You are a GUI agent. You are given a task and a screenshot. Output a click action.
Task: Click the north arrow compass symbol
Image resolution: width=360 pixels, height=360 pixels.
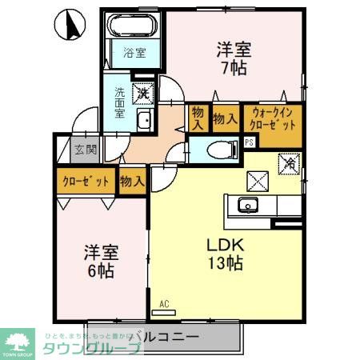coord(74,25)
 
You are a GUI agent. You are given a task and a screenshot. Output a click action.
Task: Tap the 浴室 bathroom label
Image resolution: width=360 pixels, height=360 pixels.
coord(134,54)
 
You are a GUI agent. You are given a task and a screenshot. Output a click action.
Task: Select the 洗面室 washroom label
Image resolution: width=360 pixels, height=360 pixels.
coord(120,102)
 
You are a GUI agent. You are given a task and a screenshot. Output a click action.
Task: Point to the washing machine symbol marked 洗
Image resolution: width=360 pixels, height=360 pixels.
coord(143,94)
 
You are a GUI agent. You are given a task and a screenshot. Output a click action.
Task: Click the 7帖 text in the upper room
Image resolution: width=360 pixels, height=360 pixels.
coord(233,68)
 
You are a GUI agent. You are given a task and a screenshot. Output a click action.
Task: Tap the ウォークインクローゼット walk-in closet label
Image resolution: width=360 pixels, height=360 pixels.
coord(274,119)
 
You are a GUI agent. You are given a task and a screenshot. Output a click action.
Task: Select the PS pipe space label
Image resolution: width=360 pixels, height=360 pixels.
coord(250,142)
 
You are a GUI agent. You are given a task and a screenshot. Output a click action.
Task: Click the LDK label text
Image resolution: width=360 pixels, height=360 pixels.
coord(226,243)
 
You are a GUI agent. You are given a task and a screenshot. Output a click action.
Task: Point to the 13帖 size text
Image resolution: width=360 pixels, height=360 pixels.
coord(227,262)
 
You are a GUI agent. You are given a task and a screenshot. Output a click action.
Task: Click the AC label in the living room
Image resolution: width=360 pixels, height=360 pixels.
coord(164,303)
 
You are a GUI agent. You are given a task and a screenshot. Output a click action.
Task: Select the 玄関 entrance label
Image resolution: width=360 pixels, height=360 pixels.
coord(86,148)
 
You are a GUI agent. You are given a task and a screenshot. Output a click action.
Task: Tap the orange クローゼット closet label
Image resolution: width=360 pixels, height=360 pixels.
coord(86,182)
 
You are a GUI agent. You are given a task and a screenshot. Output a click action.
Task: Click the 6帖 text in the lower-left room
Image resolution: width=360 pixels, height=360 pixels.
coord(101,273)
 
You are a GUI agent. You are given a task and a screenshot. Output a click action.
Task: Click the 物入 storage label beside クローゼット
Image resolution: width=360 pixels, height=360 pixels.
coord(132,182)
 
